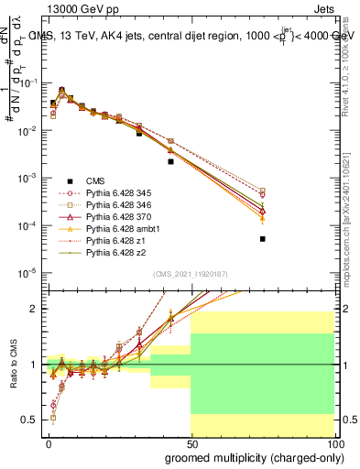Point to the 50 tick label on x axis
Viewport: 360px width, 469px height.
point(191,442)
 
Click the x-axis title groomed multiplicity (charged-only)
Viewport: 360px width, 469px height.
point(249,456)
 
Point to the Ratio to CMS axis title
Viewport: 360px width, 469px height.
point(12,364)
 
